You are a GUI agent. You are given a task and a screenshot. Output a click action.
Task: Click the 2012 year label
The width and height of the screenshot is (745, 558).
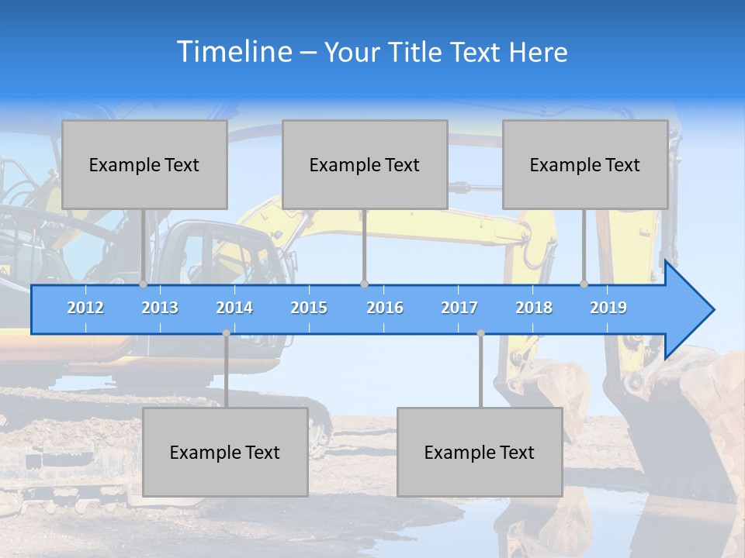85,308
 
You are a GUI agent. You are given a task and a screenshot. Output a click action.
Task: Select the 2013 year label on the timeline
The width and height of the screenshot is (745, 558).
160,308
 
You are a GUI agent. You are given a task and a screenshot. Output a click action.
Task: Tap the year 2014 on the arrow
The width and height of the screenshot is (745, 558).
234,308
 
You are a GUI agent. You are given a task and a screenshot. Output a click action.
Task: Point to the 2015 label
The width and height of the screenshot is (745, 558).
309,308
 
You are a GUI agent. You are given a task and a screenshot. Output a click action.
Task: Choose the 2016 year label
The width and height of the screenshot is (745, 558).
385,308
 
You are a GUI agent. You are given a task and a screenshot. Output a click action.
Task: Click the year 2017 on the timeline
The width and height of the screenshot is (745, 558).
459,308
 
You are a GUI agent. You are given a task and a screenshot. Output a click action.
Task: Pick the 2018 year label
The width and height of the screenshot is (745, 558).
534,308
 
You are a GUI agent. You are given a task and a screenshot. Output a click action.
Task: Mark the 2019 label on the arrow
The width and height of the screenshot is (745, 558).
608,308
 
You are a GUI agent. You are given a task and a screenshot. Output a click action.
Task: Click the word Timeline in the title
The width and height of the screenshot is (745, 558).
233,52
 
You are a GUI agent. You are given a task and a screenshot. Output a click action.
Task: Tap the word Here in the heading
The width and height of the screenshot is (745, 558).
539,53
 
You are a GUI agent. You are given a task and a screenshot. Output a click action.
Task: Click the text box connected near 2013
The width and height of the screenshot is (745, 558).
144,164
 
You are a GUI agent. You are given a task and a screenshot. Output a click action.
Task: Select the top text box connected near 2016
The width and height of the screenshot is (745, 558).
365,164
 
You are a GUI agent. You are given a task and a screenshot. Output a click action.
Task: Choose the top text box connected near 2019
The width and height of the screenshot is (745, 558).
585,164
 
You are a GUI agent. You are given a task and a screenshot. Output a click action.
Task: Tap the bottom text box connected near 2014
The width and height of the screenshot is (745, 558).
225,452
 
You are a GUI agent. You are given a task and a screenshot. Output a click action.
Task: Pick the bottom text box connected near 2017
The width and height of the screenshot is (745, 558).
480,452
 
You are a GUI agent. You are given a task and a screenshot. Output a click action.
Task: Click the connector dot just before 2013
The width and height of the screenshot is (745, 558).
143,284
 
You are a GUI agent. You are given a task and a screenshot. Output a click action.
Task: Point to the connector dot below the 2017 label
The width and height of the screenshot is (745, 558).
480,333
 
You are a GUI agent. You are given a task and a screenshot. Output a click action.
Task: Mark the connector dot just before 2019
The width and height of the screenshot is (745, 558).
584,284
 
